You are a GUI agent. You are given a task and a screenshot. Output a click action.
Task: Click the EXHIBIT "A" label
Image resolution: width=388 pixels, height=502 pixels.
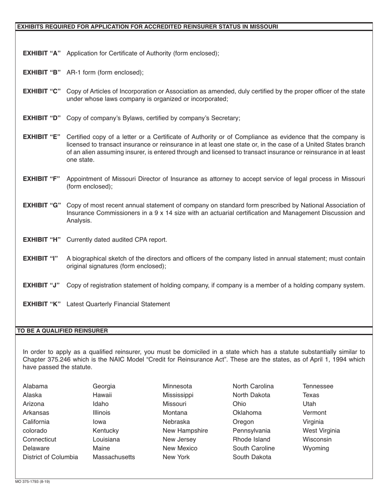[x=42, y=53]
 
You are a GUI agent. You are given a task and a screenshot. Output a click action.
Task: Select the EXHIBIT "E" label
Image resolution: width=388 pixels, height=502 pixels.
[x=42, y=137]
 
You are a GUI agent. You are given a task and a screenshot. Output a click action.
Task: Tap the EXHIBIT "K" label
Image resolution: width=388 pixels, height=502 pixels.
[x=42, y=304]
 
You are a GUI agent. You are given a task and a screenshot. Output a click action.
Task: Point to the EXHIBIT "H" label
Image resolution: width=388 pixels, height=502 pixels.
[x=42, y=240]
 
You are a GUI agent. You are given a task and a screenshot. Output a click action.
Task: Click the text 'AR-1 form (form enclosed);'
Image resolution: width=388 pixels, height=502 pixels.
[x=105, y=72]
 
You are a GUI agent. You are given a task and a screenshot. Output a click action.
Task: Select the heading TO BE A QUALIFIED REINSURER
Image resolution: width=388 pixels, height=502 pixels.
[x=62, y=331]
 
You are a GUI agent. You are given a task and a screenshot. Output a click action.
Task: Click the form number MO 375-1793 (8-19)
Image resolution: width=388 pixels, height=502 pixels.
[x=32, y=482]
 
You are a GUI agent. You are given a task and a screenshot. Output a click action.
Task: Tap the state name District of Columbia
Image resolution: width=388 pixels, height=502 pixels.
[x=50, y=457]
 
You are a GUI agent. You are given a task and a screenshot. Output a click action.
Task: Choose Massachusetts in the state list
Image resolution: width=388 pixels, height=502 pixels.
[x=114, y=457]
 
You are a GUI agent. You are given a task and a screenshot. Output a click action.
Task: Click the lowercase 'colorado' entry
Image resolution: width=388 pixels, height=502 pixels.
[x=35, y=431]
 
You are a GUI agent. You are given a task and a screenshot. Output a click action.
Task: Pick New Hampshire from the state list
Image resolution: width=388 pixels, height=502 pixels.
[x=185, y=431]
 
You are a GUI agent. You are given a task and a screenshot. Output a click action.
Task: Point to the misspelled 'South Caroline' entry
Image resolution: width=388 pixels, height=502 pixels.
[x=254, y=448]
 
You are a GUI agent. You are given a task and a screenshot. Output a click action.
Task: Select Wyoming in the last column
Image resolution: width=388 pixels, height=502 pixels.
[x=316, y=448]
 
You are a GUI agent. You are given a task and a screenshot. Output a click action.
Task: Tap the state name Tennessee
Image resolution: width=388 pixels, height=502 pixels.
[x=318, y=386]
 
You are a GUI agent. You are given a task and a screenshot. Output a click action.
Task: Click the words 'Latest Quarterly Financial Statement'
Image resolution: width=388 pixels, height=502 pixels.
[x=118, y=304]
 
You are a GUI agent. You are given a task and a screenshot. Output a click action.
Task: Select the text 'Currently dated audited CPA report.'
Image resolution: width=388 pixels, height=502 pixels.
[x=117, y=240]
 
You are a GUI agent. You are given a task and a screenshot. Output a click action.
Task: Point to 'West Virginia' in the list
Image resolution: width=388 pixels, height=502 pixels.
[x=321, y=431]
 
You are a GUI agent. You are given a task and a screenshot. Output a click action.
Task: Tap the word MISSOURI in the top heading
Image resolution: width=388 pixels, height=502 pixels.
[x=263, y=27]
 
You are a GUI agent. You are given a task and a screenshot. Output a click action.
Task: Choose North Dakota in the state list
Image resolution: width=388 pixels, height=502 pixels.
[x=251, y=395]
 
